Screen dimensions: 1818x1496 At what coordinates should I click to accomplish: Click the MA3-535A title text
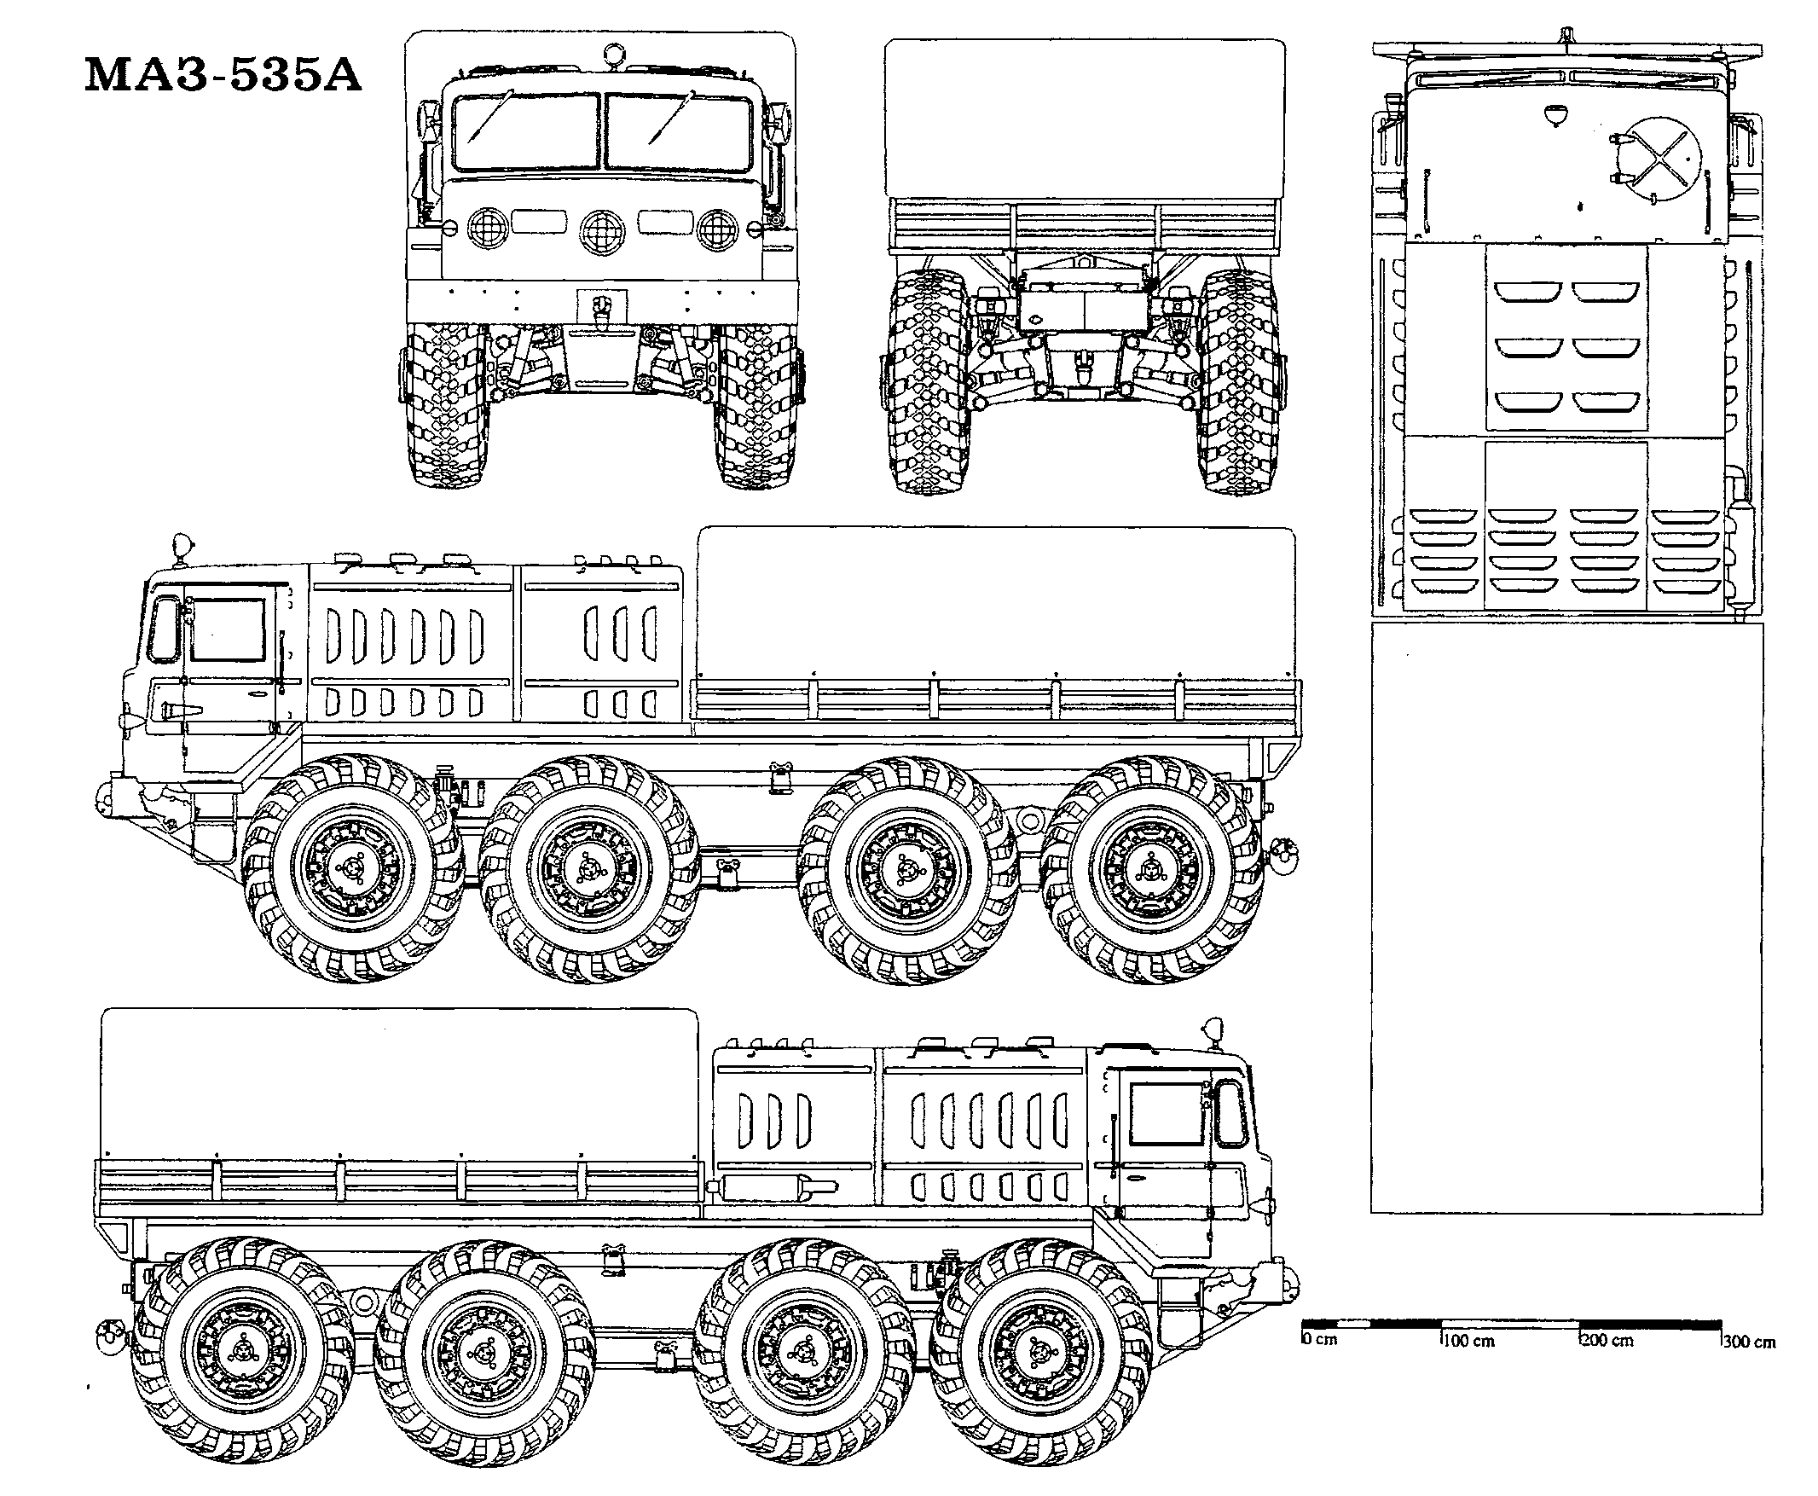[223, 75]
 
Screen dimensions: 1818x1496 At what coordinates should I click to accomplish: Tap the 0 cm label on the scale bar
[1321, 1340]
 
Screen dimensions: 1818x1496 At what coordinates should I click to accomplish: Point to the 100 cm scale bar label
[1469, 1341]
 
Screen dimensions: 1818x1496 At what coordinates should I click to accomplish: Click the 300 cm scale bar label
[1750, 1342]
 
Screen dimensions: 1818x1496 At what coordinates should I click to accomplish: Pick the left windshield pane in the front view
[524, 132]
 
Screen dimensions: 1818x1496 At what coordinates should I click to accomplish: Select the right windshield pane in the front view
[678, 132]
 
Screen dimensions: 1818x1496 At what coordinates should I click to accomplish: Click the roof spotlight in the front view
[612, 54]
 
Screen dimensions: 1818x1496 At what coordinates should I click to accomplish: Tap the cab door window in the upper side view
[227, 629]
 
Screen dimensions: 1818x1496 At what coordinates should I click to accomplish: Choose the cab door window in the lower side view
[1167, 1113]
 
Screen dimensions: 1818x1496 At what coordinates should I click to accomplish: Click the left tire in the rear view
[928, 381]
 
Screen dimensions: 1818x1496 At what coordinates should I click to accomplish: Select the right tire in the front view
[759, 405]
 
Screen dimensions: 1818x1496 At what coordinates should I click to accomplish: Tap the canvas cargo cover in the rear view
[1085, 118]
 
